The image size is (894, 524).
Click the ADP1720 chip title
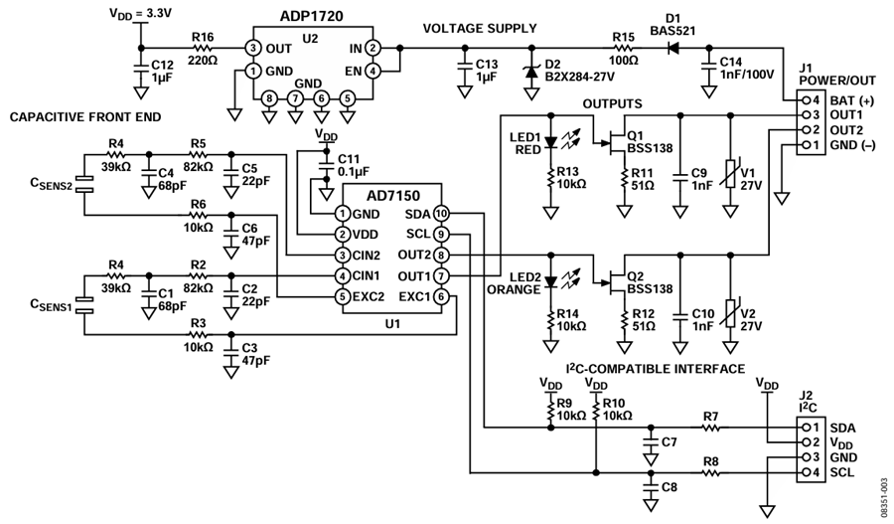[311, 16]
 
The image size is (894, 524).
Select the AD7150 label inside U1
[392, 196]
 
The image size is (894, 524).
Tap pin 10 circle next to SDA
[441, 214]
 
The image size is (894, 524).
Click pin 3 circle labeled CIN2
[342, 256]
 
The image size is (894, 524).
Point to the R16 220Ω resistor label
[203, 48]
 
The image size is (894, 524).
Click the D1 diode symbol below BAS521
[673, 48]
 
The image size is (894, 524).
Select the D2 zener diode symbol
[532, 72]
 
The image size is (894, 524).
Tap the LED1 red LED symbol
[550, 142]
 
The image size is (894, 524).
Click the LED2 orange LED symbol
[550, 281]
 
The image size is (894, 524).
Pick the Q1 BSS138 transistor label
[650, 142]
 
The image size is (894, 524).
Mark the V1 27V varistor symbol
[730, 174]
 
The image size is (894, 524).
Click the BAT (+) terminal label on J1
[852, 101]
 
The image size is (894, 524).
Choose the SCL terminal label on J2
[842, 472]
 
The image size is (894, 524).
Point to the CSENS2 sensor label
[51, 184]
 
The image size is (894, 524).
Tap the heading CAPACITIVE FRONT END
[85, 117]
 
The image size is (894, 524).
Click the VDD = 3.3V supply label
[140, 13]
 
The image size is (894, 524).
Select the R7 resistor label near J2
[710, 417]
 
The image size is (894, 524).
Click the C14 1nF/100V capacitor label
[747, 68]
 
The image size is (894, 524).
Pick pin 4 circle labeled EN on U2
[372, 72]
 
